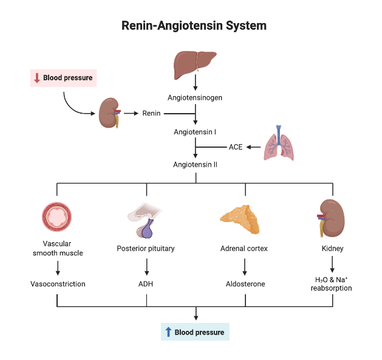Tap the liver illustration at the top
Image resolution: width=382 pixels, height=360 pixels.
click(195, 61)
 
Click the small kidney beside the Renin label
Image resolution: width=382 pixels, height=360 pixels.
click(111, 112)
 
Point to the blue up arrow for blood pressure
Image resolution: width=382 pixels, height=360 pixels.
click(168, 332)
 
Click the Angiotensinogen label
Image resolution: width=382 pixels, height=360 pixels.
click(195, 97)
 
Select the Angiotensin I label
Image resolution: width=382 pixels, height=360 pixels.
click(195, 131)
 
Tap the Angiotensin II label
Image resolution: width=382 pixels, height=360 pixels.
click(195, 164)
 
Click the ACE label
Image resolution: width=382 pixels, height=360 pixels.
click(236, 147)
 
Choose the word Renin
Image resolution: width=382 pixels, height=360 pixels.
click(151, 113)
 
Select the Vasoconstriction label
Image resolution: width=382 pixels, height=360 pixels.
click(58, 283)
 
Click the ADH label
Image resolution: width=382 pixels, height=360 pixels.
click(146, 283)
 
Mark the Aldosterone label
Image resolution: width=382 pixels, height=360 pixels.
click(245, 283)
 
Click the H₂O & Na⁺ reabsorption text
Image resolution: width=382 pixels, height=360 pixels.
click(332, 283)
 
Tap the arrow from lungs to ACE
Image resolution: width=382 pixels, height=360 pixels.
click(254, 147)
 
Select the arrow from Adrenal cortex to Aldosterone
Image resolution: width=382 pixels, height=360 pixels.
click(245, 266)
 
